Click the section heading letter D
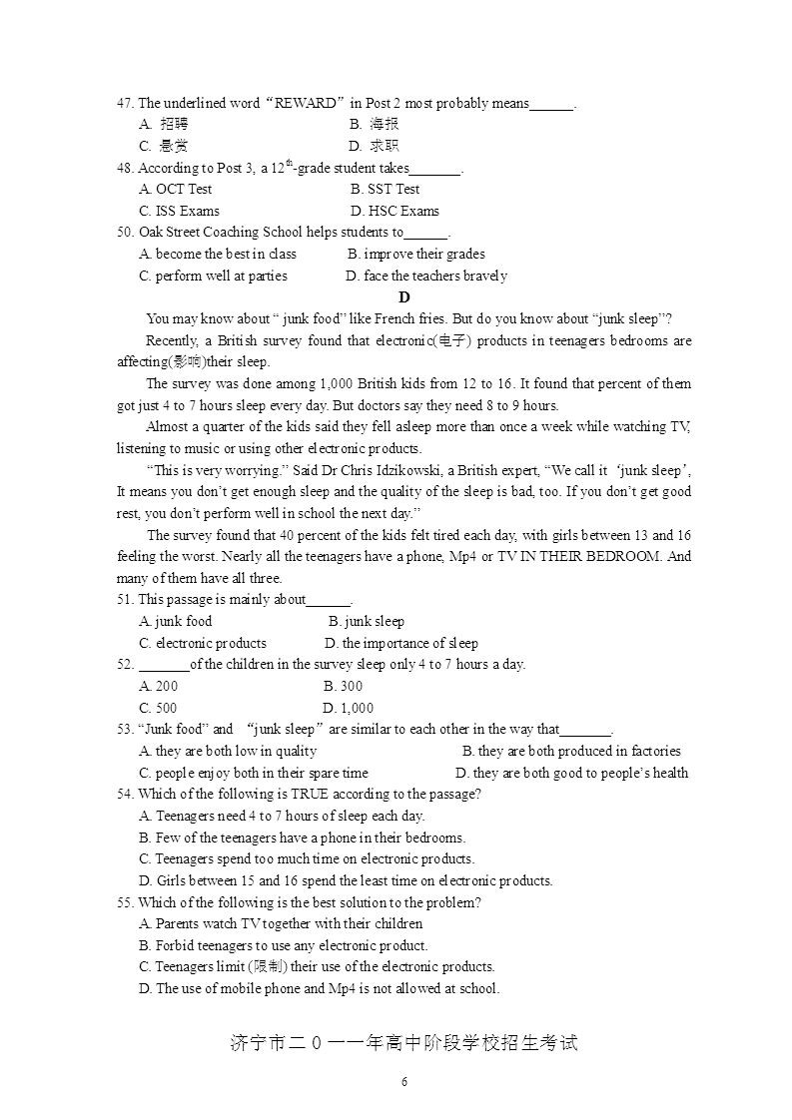coord(403,297)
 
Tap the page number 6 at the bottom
coord(403,1082)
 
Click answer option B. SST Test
coord(386,189)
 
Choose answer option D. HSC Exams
coord(395,211)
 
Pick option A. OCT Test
coord(176,189)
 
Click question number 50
coord(125,233)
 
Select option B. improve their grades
coord(416,254)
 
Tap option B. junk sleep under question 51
coord(367,621)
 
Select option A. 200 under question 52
coord(159,686)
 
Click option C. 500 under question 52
coord(159,708)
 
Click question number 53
coord(125,729)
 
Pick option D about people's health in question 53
coord(571,773)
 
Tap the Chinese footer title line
coord(403,1044)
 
